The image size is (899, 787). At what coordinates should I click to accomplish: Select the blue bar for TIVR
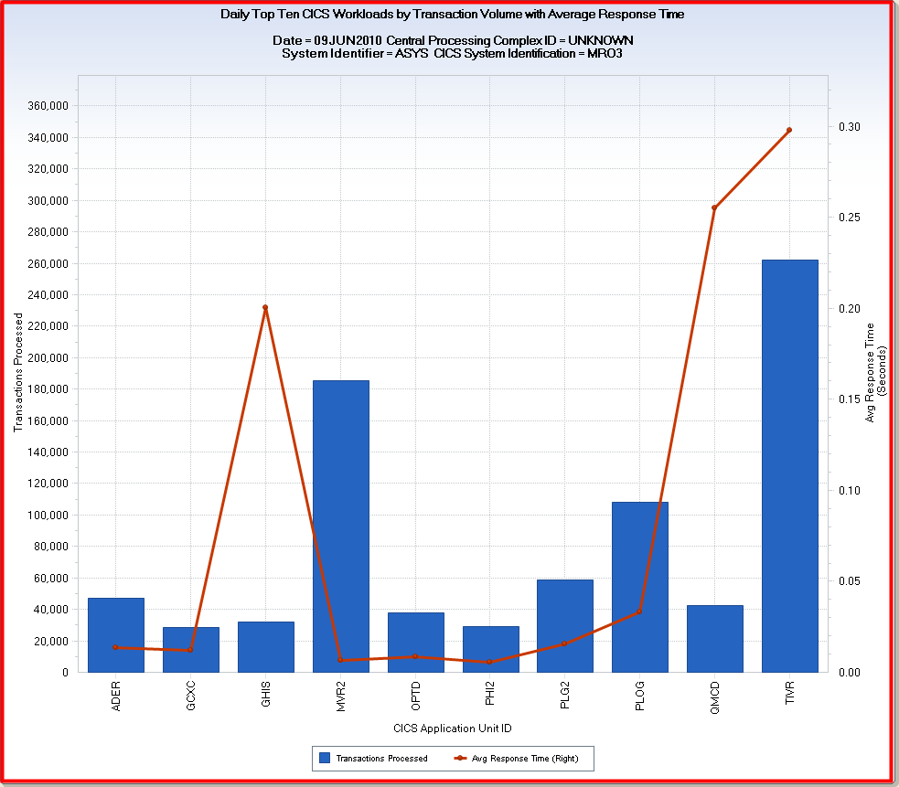point(789,466)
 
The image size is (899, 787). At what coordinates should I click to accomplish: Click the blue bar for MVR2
point(340,526)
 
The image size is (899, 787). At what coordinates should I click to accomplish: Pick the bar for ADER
point(115,634)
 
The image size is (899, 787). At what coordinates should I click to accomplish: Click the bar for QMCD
point(714,638)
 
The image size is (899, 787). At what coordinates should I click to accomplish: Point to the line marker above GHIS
point(265,308)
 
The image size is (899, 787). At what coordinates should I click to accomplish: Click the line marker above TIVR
point(789,130)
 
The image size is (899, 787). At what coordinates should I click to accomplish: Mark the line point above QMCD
point(714,208)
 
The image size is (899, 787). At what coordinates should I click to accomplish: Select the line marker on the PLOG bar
point(639,612)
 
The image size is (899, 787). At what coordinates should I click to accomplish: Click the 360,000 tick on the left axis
point(48,106)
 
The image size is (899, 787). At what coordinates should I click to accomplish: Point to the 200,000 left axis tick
point(48,358)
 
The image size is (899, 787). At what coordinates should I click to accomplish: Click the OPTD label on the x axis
point(415,696)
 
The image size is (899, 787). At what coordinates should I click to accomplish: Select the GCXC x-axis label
point(190,696)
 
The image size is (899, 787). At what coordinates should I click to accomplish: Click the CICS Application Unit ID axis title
point(452,729)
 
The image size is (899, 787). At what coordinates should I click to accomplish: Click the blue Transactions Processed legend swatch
point(324,758)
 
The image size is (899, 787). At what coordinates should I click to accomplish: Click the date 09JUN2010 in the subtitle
point(348,41)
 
